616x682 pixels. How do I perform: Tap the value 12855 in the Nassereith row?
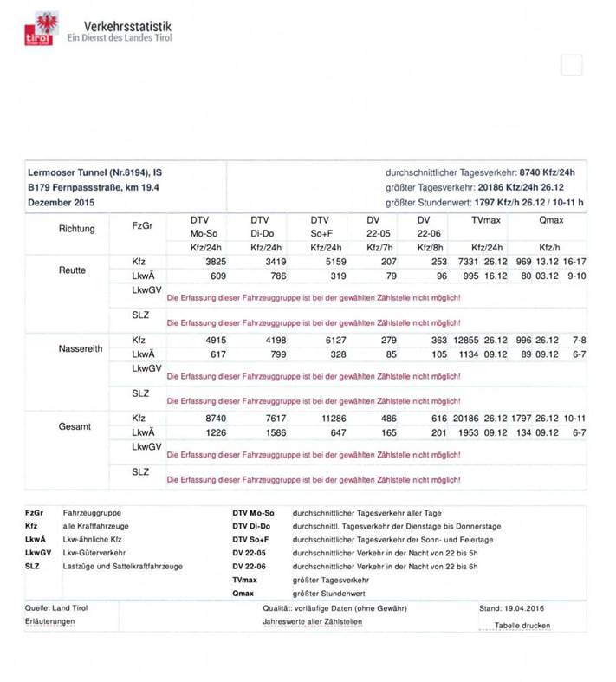pyautogui.click(x=467, y=341)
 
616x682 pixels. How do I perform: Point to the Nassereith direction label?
pyautogui.click(x=81, y=348)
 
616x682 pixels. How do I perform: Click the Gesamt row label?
pyautogui.click(x=74, y=426)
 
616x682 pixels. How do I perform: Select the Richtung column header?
pyautogui.click(x=76, y=229)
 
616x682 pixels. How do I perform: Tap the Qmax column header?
pyautogui.click(x=550, y=220)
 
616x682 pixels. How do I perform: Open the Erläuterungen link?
pyautogui.click(x=49, y=622)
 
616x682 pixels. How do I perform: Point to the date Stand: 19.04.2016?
pyautogui.click(x=514, y=608)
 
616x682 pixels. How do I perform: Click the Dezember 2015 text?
pyautogui.click(x=61, y=202)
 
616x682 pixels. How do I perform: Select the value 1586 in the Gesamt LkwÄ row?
pyautogui.click(x=269, y=432)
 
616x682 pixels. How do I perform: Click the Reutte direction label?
pyautogui.click(x=72, y=270)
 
